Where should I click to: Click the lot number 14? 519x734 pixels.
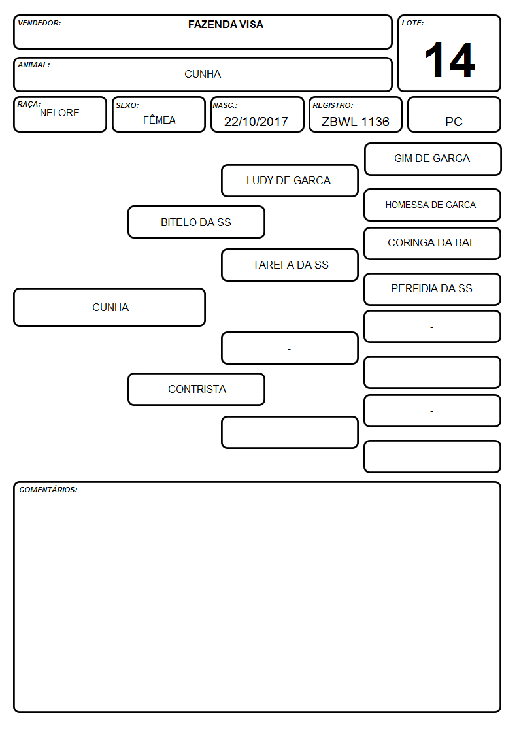click(x=450, y=60)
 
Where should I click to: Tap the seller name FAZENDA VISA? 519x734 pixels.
click(x=226, y=24)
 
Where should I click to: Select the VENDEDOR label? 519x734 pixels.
click(x=39, y=23)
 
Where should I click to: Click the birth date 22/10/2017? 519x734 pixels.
click(x=256, y=122)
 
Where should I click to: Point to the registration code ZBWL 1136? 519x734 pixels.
click(x=355, y=122)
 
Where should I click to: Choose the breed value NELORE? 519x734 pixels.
click(x=59, y=113)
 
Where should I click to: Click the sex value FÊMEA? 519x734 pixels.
click(x=159, y=120)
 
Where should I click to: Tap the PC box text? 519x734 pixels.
click(x=454, y=122)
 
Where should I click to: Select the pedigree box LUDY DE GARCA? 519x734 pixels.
click(x=290, y=180)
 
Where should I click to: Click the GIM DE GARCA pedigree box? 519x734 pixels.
click(x=433, y=159)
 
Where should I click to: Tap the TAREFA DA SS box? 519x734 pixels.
click(x=290, y=265)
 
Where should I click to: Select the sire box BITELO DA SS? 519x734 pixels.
click(x=197, y=222)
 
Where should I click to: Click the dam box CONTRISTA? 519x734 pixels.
click(x=197, y=389)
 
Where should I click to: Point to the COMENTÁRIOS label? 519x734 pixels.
click(x=48, y=490)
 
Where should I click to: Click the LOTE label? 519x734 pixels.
click(x=412, y=23)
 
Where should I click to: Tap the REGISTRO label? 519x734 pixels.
click(x=333, y=105)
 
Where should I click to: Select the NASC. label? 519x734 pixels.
click(x=225, y=105)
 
